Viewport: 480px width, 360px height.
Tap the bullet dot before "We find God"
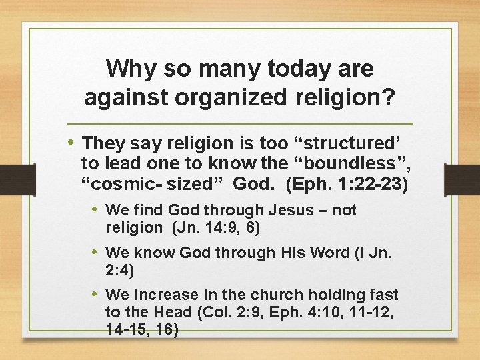click(x=96, y=210)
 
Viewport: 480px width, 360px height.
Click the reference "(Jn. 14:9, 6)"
click(x=215, y=227)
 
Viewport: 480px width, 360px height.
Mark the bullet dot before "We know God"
click(x=96, y=252)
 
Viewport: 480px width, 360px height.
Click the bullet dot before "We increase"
click(x=96, y=294)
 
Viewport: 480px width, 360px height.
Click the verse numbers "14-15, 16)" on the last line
click(x=142, y=329)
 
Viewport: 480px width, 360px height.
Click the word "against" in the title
click(x=127, y=97)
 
